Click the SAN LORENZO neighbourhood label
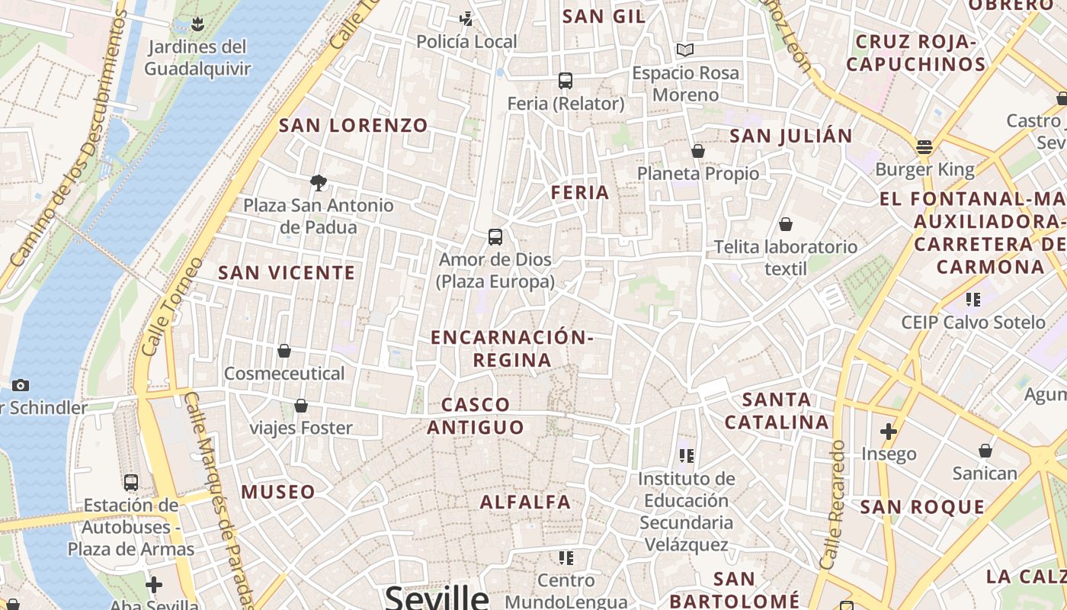(354, 126)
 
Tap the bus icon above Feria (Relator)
(566, 80)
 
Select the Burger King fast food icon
(924, 146)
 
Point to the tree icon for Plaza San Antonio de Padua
(319, 182)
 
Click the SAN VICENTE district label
(287, 273)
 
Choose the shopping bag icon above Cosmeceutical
(284, 351)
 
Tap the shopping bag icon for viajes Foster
(301, 406)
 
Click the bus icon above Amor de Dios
(495, 236)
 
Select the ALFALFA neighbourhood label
(526, 502)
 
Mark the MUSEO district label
(278, 492)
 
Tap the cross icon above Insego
(888, 432)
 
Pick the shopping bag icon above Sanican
(985, 451)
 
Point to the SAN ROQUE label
(922, 507)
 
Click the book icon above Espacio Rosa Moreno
(685, 50)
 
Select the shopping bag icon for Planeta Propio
(698, 151)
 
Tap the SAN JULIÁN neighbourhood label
(791, 136)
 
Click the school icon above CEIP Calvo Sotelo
(972, 299)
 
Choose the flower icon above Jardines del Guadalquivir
(197, 24)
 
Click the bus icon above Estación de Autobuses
(131, 482)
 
